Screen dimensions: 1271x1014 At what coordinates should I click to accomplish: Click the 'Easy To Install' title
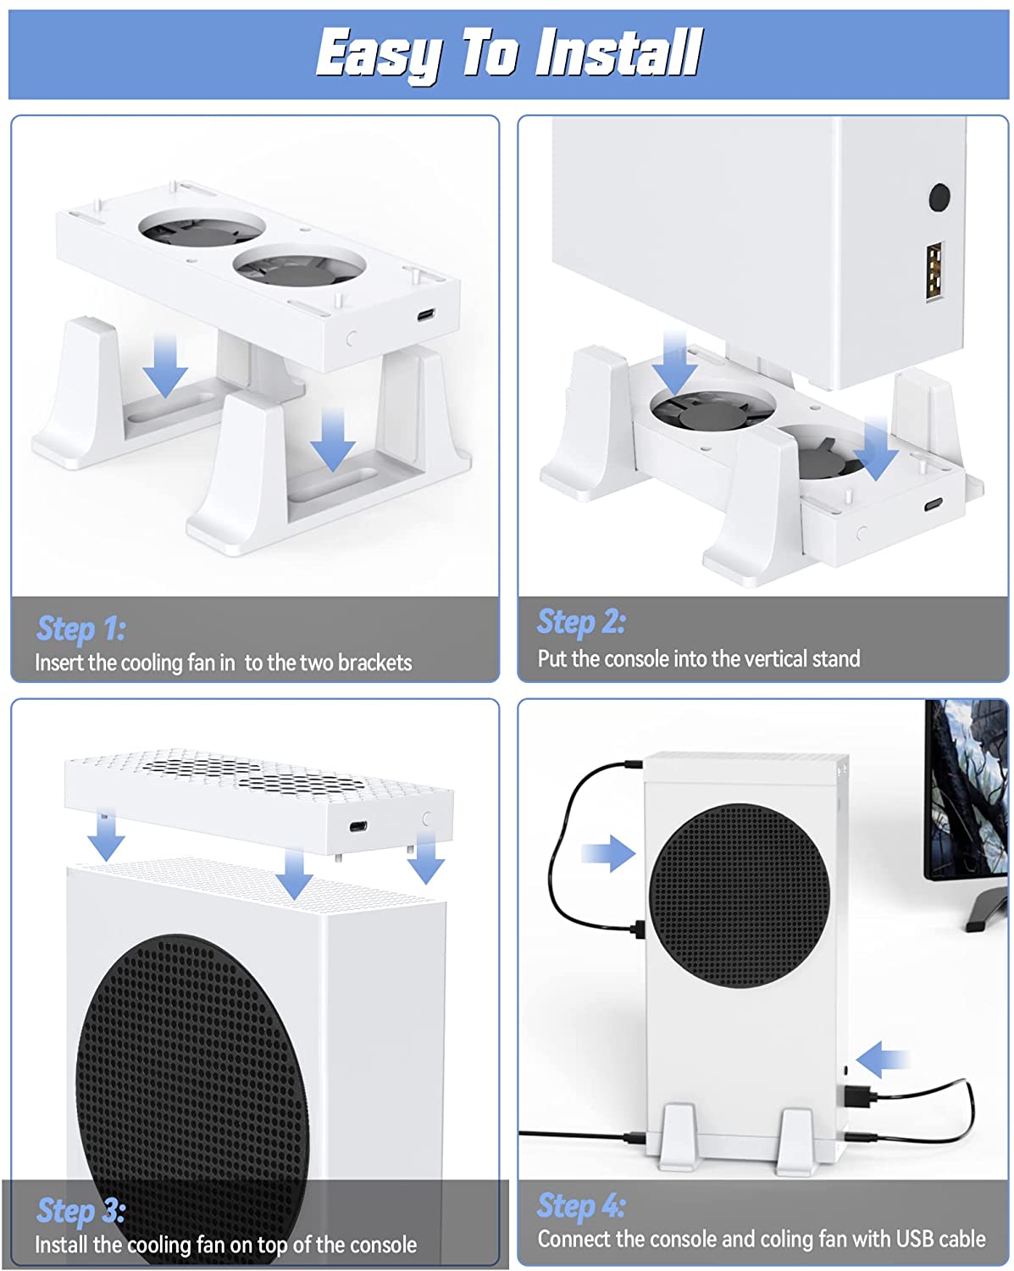coord(508,53)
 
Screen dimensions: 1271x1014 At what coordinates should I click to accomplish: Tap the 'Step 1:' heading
coord(81,629)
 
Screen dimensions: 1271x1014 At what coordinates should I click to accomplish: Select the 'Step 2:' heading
coord(582,622)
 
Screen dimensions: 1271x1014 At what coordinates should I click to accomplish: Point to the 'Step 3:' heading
coord(81,1211)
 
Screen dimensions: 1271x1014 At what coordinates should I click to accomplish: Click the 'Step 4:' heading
coord(582,1205)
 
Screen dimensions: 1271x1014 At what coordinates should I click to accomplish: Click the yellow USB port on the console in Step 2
coord(934,270)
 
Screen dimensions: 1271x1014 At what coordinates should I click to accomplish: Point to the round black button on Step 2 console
coord(939,197)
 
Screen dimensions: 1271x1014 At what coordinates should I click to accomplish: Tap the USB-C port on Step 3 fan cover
coord(358,827)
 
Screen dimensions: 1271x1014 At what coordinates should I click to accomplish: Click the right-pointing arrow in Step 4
coord(608,852)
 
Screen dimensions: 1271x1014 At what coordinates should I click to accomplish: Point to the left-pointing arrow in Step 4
coord(882,1059)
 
